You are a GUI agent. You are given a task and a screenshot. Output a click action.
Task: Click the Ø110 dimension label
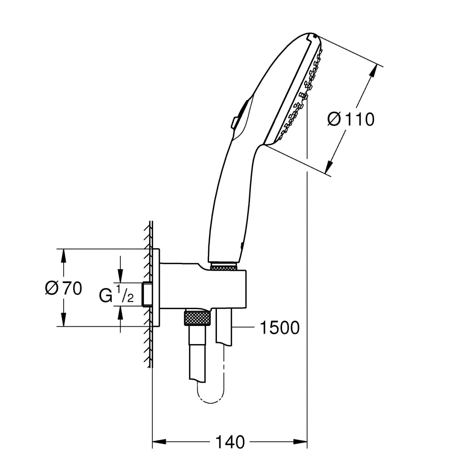coord(351,119)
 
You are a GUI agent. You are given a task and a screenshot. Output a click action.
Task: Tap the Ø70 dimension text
coord(63,288)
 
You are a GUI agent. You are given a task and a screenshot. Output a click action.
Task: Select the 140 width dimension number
coord(230,442)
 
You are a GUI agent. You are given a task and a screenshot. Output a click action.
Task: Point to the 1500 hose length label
coord(280,328)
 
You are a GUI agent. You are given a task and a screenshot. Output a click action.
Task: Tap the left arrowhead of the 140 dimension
coord(159,442)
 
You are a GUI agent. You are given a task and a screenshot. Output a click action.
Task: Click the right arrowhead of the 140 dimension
coord(300,442)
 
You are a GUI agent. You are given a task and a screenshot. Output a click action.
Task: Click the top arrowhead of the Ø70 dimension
coord(63,256)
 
